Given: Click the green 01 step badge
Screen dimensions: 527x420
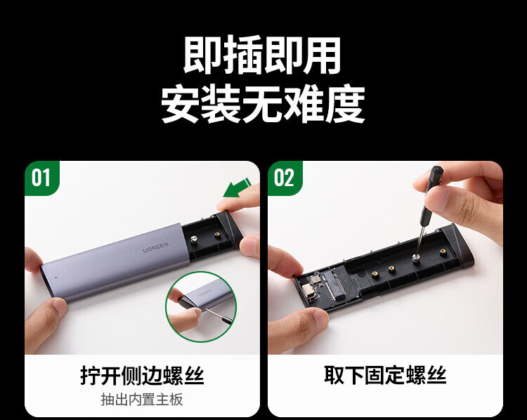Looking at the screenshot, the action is point(41,178).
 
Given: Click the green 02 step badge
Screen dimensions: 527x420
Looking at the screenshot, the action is point(285,178).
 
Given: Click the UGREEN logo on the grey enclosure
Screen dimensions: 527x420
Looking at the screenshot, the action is point(155,247).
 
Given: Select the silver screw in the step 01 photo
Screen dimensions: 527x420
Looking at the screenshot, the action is point(194,239).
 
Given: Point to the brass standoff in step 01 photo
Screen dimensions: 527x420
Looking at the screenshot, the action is point(218,235).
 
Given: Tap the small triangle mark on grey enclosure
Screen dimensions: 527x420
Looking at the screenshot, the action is point(56,278).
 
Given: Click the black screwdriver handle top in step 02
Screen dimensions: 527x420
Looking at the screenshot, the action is point(436,173).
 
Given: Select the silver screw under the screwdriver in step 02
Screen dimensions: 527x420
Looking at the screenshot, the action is point(416,258).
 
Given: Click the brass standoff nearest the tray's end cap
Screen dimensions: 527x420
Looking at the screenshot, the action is point(443,251).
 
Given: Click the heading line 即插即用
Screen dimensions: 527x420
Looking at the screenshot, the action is point(262,55).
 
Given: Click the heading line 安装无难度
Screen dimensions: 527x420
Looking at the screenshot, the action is point(263,105).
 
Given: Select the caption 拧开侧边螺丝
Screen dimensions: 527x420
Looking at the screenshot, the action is point(142,375).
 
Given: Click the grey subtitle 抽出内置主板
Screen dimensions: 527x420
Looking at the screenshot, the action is point(142,400).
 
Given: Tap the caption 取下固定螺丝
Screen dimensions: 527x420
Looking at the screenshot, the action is point(386,375).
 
